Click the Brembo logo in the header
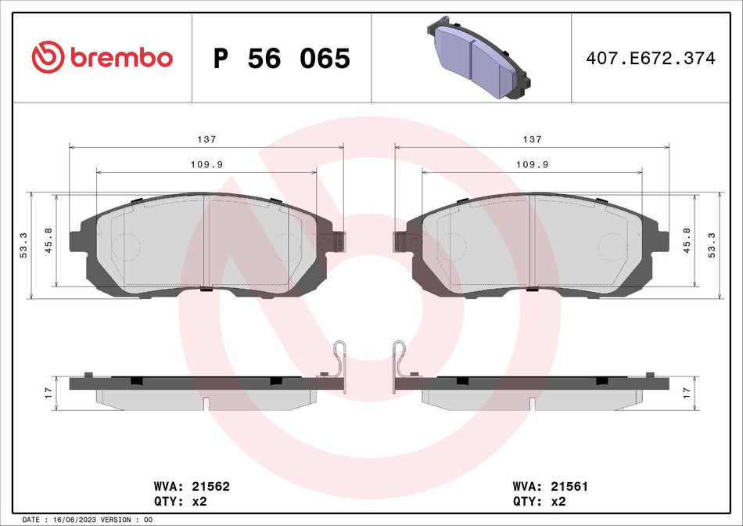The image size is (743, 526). tap(102, 57)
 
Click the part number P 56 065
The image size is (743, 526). tap(282, 59)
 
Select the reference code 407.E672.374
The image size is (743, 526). tap(651, 59)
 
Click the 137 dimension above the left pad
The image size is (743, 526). tap(206, 139)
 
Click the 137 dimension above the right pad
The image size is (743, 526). tap(532, 139)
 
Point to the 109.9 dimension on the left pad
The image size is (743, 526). tap(206, 164)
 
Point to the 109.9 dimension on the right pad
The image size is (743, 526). tap(532, 164)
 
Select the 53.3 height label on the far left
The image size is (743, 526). tap(23, 245)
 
